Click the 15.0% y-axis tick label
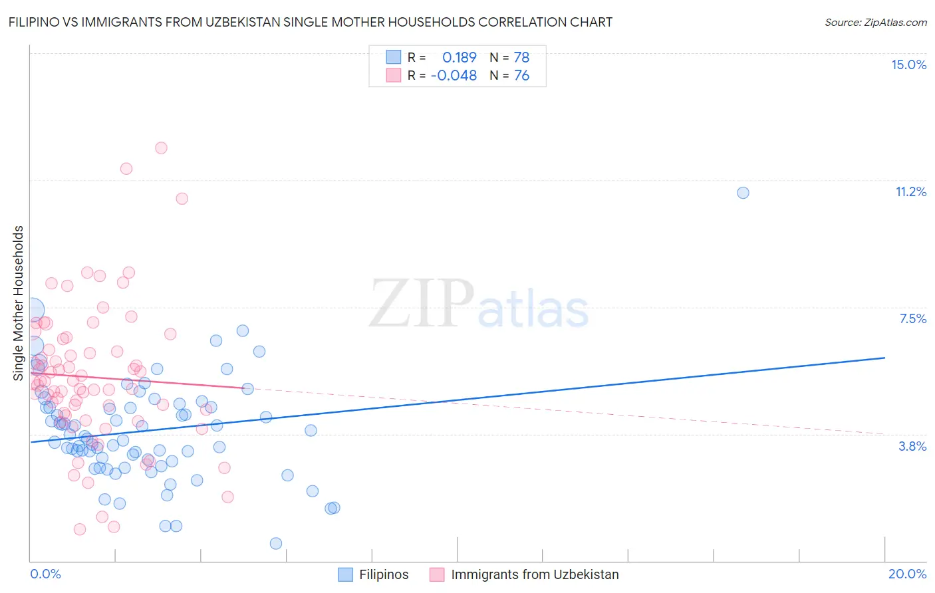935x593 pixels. pos(908,64)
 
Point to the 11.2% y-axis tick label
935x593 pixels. pos(910,191)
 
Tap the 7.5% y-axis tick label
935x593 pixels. pos(912,318)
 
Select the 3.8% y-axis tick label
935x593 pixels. pos(912,446)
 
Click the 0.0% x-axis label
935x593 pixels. pos(45,574)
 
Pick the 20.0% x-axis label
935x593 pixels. pos(907,574)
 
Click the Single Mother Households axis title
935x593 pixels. pos(18,303)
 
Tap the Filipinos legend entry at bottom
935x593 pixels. pos(384,574)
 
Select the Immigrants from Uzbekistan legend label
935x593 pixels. pos(535,574)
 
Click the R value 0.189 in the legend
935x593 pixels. pos(460,57)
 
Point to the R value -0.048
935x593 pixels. pos(454,76)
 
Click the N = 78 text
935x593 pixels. pos(509,57)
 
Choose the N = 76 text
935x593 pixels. pos(509,76)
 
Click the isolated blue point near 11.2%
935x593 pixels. pos(743,193)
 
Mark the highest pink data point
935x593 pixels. pos(161,148)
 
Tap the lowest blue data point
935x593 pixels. pos(276,543)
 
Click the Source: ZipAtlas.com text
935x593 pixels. pos(875,23)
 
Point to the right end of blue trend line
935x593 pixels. pos(884,358)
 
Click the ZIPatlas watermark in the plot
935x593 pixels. pos(479,304)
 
